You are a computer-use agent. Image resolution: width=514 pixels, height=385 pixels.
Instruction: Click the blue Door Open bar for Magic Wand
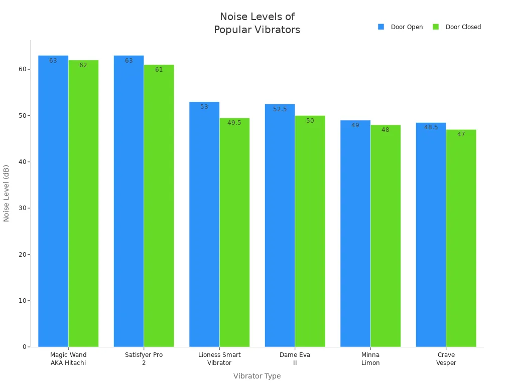click(53, 201)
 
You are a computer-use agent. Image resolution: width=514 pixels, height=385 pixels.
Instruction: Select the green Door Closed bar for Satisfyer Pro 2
click(159, 206)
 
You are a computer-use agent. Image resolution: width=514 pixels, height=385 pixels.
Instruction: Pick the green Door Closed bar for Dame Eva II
click(310, 231)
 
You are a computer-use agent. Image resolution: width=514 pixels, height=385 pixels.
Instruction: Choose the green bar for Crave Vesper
click(461, 238)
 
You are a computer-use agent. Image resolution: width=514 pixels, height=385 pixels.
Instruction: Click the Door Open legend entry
click(401, 27)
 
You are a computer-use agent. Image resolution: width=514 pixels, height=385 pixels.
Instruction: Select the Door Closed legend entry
click(457, 27)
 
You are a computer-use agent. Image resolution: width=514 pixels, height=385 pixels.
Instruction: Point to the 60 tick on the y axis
click(22, 69)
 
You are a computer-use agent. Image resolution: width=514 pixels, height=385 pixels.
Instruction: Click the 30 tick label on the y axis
click(22, 208)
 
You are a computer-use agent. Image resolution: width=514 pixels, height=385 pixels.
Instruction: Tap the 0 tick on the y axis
click(24, 347)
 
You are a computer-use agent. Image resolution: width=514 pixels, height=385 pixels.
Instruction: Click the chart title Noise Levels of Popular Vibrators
click(257, 23)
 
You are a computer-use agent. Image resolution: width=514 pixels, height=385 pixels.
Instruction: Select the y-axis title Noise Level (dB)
click(7, 193)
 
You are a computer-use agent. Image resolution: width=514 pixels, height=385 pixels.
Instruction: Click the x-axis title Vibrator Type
click(257, 376)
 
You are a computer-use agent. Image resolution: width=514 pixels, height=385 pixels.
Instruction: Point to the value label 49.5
click(234, 123)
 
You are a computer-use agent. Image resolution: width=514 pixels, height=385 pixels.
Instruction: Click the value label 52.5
click(280, 109)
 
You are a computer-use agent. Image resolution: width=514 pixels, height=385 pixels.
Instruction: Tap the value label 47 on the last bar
click(461, 134)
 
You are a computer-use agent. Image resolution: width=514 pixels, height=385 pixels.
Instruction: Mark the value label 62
click(83, 65)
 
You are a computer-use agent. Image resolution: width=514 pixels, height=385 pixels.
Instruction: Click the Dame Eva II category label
click(295, 358)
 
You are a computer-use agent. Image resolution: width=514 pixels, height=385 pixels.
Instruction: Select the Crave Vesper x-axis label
click(446, 358)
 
